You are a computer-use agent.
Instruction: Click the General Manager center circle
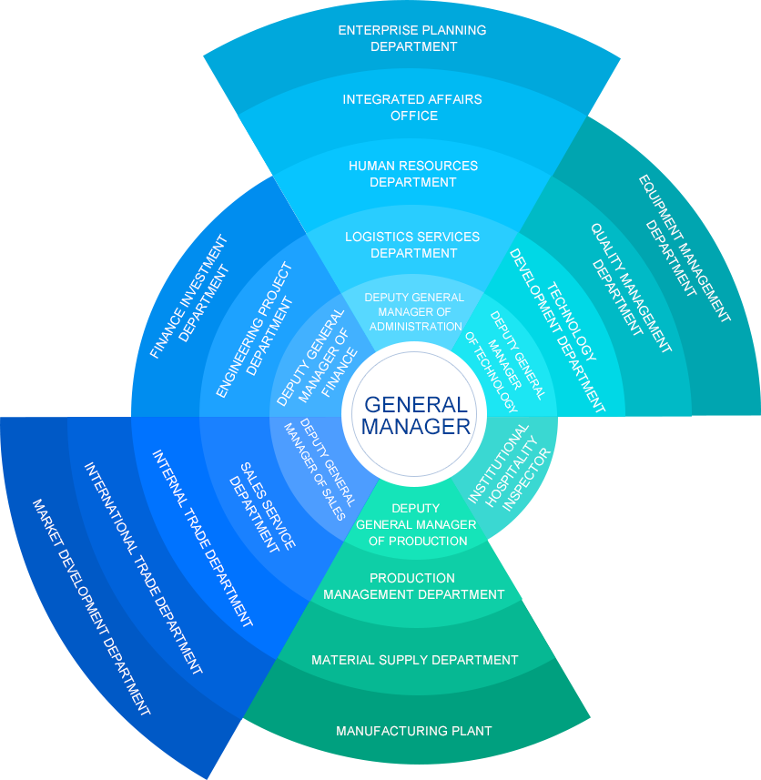click(x=415, y=416)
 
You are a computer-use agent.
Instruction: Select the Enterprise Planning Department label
click(x=413, y=38)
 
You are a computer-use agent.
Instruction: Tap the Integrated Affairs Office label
click(x=413, y=107)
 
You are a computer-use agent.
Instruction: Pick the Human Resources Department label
click(x=413, y=174)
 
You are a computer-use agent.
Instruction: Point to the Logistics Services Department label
click(x=412, y=245)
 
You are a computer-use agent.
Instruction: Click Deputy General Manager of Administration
click(x=414, y=312)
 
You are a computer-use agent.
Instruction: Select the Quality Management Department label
click(x=627, y=289)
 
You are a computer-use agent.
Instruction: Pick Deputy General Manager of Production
click(x=415, y=524)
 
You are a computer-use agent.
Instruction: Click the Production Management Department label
click(x=414, y=586)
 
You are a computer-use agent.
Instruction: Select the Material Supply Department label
click(x=415, y=660)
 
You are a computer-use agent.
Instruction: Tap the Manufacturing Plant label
click(x=414, y=731)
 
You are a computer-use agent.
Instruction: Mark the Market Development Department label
click(x=90, y=607)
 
